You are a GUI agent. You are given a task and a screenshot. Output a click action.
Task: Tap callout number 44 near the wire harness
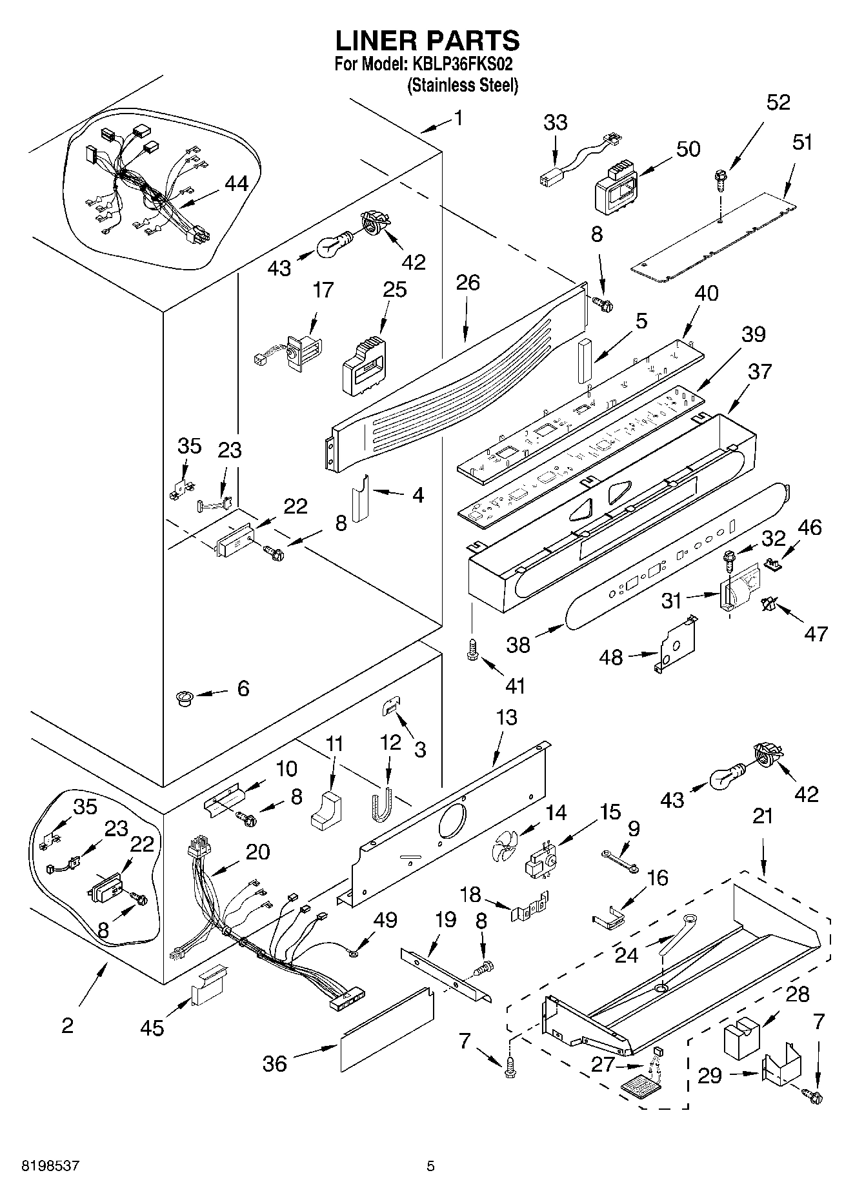point(236,183)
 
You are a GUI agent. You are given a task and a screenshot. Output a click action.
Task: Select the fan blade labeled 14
point(503,845)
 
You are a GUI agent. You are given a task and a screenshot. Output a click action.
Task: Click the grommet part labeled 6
point(185,697)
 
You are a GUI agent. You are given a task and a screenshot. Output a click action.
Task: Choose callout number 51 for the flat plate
point(802,143)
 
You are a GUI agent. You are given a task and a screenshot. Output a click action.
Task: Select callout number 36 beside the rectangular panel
point(274,1063)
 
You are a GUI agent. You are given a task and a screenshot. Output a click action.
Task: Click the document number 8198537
point(50,1166)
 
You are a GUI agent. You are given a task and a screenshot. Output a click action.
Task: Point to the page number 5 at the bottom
point(430,1166)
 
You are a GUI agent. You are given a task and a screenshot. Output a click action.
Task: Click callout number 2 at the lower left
point(67,1025)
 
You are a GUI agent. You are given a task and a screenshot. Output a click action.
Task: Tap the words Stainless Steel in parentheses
point(463,85)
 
